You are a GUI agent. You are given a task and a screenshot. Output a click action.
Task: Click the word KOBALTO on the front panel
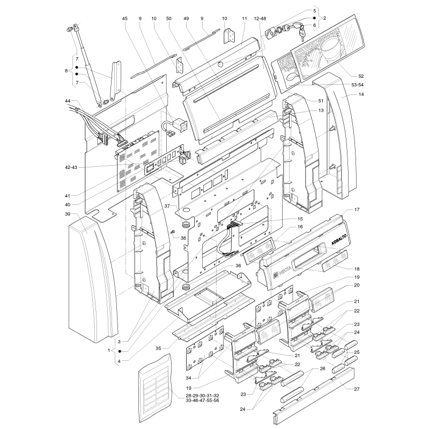(339, 239)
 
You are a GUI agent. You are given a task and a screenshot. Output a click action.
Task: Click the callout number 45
(125, 19)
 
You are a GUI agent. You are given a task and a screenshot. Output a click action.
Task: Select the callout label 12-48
(260, 19)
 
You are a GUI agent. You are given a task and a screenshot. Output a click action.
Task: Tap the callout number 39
(68, 214)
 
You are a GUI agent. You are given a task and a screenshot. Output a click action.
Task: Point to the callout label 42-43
(71, 167)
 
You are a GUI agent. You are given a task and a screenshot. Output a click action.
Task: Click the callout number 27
(357, 389)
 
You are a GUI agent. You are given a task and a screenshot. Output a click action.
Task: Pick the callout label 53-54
(358, 85)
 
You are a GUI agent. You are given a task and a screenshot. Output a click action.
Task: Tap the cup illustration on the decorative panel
(330, 49)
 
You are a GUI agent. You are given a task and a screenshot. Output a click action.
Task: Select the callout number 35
(158, 348)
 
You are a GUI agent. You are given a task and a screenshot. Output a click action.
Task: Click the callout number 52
(361, 76)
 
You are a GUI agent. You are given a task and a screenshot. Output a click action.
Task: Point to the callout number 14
(361, 94)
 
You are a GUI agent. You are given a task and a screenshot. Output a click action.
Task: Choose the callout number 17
(357, 210)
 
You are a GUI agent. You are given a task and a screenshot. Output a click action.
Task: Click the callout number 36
(238, 265)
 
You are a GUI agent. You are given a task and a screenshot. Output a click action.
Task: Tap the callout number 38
(183, 238)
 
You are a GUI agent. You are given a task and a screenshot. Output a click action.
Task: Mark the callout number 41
(68, 196)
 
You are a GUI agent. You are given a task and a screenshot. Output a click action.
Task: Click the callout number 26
(323, 368)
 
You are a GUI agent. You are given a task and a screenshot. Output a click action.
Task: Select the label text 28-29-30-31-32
(203, 396)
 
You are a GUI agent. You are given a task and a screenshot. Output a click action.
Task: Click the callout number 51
(321, 101)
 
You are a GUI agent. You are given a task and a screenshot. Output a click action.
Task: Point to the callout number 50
(168, 19)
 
